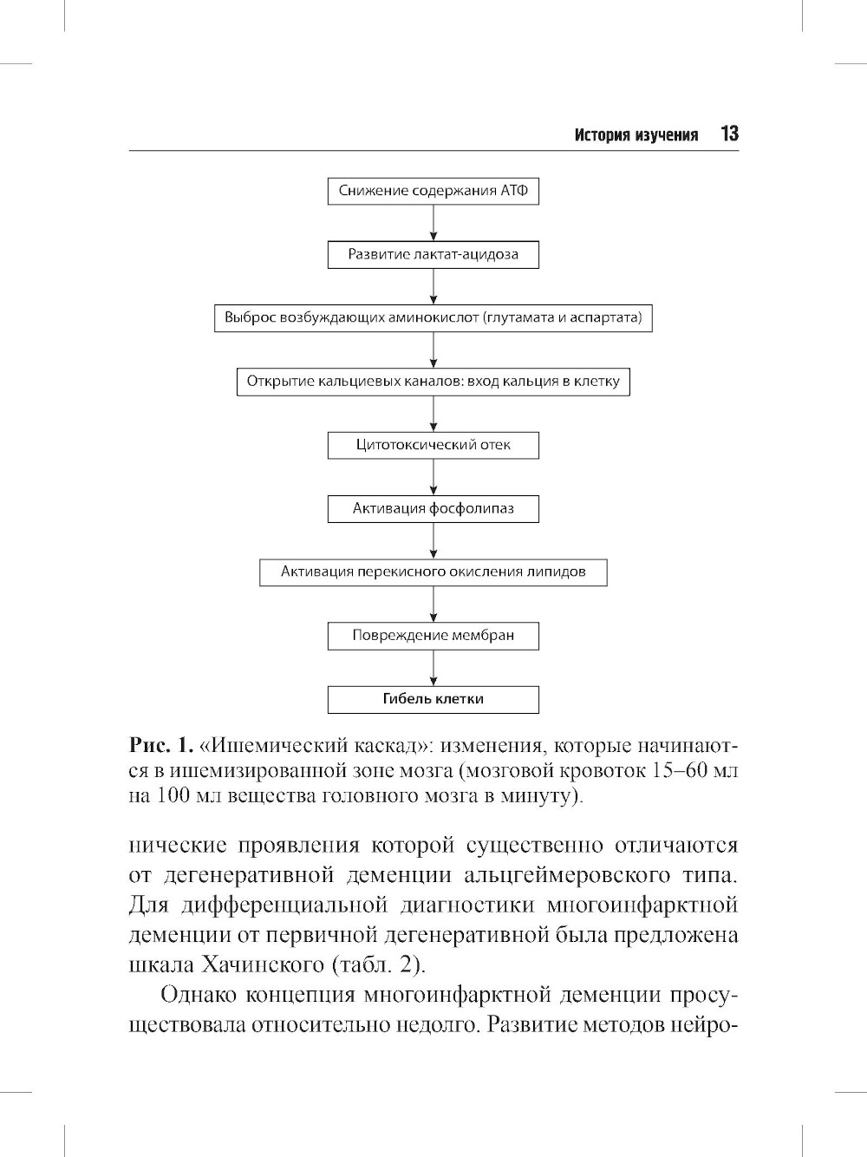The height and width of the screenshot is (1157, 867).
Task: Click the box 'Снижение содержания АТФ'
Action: click(433, 191)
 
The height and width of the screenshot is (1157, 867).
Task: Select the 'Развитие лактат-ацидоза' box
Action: click(433, 254)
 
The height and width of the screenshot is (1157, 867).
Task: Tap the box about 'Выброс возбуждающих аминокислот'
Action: click(433, 317)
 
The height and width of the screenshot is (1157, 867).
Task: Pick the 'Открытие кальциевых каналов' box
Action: click(433, 382)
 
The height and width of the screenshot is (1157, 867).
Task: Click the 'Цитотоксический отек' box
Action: click(433, 445)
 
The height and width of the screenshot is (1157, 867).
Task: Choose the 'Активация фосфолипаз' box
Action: click(433, 508)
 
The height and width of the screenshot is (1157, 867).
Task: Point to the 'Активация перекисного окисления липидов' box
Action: click(433, 572)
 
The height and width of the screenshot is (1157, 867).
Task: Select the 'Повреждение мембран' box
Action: click(433, 635)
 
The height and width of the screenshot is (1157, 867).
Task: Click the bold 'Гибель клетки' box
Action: click(433, 699)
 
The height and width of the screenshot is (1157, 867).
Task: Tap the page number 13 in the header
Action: click(728, 134)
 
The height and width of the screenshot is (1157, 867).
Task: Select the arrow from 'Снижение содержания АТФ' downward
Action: click(433, 223)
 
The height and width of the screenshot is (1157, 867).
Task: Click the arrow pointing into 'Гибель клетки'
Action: click(433, 668)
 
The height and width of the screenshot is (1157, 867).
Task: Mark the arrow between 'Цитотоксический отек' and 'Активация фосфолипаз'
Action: click(433, 477)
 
